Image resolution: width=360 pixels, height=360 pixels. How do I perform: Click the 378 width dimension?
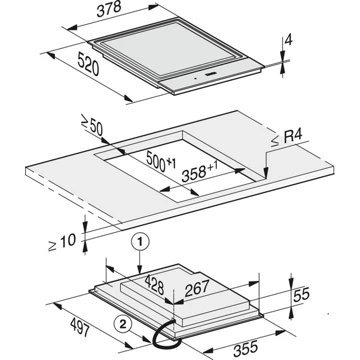click(109, 9)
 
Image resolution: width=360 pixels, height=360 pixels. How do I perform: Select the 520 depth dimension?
click(88, 65)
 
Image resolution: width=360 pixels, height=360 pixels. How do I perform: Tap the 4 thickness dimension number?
click(289, 40)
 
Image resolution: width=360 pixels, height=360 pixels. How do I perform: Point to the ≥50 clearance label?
click(92, 125)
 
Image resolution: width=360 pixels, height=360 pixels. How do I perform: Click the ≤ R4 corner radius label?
click(287, 138)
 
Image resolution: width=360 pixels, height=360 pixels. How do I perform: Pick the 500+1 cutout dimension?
click(161, 161)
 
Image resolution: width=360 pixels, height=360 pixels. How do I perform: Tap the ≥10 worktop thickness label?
click(62, 242)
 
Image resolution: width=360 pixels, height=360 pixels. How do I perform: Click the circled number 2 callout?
click(122, 324)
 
